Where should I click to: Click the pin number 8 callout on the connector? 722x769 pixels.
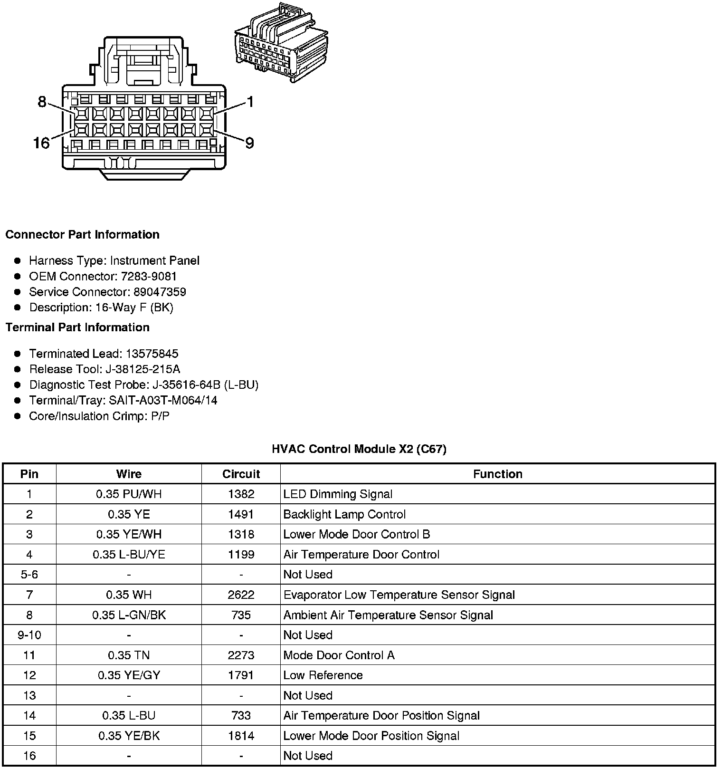click(x=42, y=102)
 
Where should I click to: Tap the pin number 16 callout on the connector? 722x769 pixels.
click(x=41, y=143)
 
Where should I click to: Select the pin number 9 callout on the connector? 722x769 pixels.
click(x=249, y=143)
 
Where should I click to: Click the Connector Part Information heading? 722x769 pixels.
click(x=82, y=235)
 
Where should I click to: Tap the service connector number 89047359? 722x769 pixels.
click(x=160, y=292)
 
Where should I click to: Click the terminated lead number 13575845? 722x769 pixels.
click(x=152, y=354)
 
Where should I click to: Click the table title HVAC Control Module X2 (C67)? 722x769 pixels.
click(x=359, y=449)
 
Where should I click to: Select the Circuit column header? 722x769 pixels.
click(x=241, y=474)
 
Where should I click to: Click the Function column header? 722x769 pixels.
click(x=497, y=474)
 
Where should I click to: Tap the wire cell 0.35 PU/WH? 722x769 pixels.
click(x=129, y=494)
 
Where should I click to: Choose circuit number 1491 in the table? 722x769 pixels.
click(x=241, y=514)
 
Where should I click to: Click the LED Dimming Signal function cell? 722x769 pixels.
click(x=338, y=494)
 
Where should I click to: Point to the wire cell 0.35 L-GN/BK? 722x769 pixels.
click(x=129, y=615)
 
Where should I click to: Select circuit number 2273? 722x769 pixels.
click(x=241, y=655)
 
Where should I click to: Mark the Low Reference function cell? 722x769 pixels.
click(x=323, y=675)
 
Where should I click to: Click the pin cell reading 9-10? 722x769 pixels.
click(x=29, y=635)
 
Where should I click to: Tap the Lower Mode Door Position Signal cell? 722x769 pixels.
click(x=371, y=736)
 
